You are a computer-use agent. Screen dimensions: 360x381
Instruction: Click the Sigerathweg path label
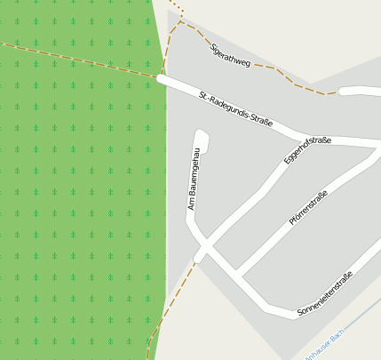click(234, 58)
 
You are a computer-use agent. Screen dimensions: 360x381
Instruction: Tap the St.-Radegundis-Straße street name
click(235, 108)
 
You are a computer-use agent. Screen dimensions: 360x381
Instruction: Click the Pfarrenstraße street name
click(308, 207)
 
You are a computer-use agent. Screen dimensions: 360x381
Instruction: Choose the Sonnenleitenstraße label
click(325, 293)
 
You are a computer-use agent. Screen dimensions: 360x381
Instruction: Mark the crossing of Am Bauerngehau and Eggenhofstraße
click(204, 247)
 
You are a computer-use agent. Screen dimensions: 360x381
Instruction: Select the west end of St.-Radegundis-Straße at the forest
click(163, 79)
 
